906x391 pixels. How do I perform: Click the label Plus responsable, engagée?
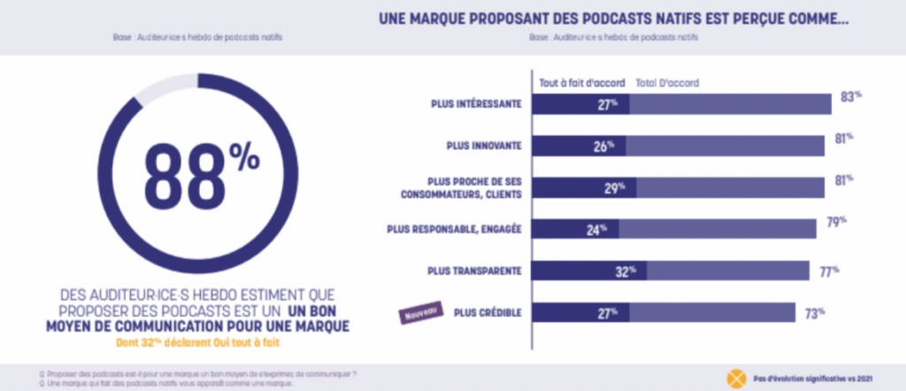point(455,228)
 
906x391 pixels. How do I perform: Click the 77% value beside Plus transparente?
point(828,271)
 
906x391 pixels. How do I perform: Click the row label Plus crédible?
point(488,311)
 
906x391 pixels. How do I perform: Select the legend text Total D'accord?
point(667,82)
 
